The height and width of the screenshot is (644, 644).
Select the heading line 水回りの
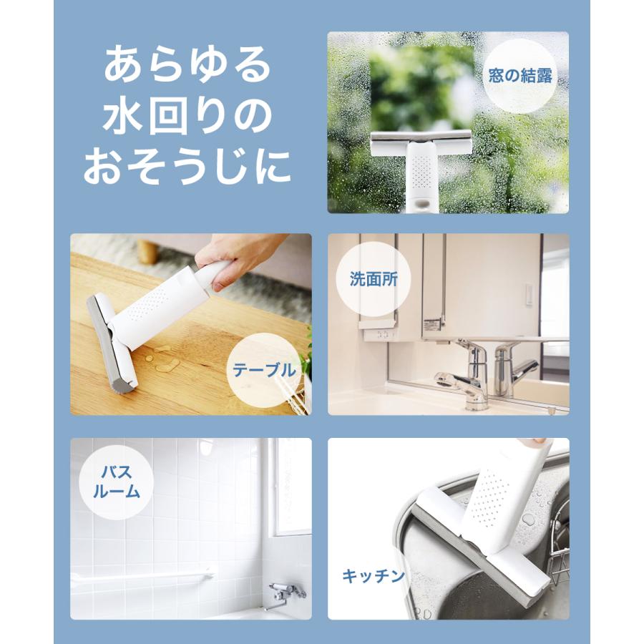pyautogui.click(x=188, y=117)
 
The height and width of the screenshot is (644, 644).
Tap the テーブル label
pyautogui.click(x=263, y=370)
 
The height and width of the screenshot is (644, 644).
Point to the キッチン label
pyautogui.click(x=374, y=575)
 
